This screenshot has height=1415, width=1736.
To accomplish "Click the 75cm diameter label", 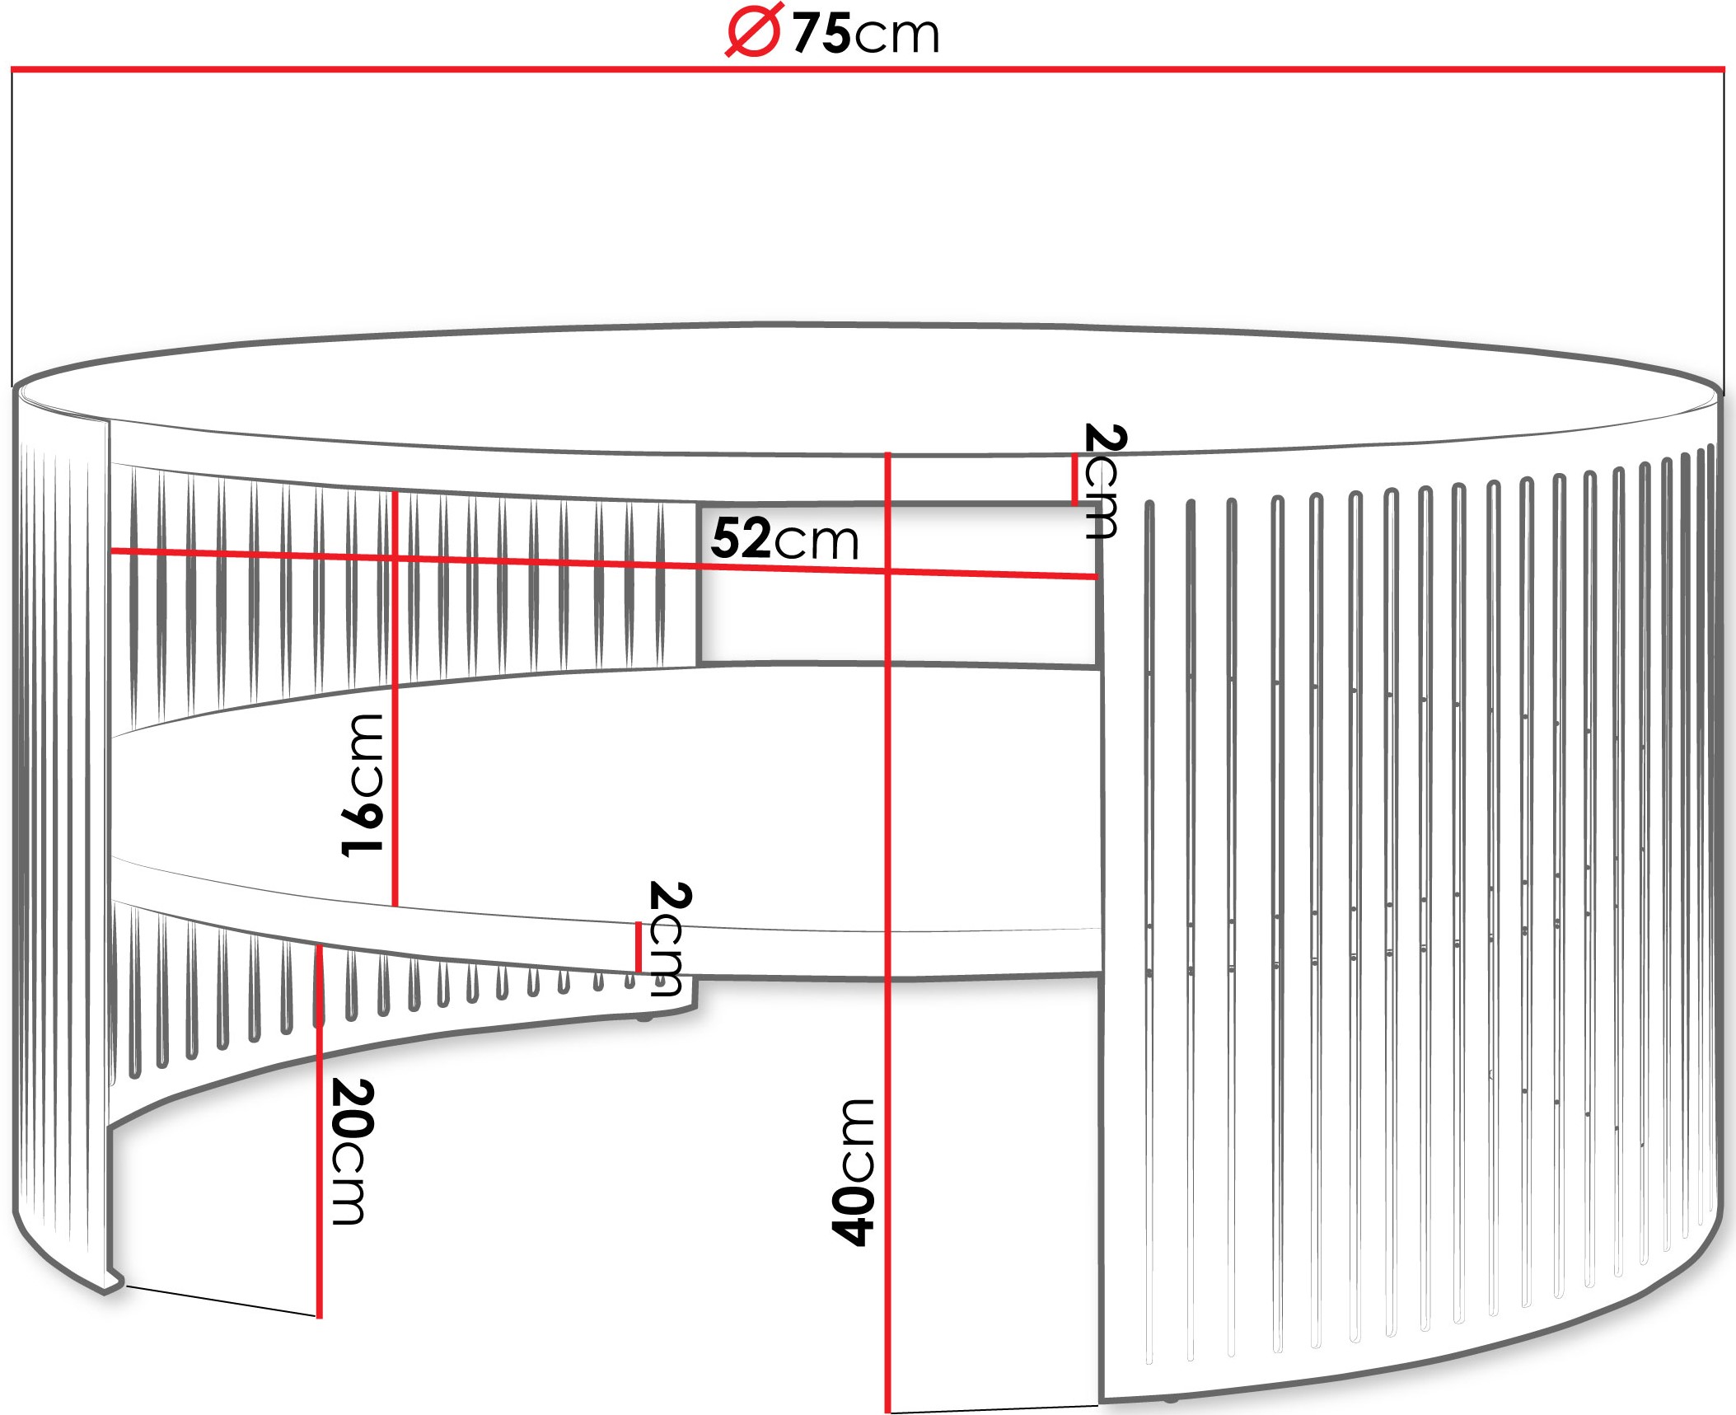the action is coord(832,33).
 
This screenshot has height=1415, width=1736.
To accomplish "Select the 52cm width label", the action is coord(784,539).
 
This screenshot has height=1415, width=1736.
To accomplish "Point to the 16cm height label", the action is coord(363,785).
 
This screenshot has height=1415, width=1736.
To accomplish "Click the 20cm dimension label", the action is coord(353,1152).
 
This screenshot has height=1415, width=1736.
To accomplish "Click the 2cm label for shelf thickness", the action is coord(669,939).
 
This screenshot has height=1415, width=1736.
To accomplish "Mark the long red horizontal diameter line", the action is coord(868,69).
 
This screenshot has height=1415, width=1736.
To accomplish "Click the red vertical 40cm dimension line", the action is coord(887,932).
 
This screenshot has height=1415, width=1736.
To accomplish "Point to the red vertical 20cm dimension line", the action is coord(320,1131).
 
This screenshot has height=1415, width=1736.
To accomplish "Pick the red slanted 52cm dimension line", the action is coord(603,564).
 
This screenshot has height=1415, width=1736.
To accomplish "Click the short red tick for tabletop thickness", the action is coord(1074,480).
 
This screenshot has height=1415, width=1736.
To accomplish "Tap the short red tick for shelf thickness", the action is coord(639,948).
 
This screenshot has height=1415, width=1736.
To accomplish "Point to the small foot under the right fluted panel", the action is coord(1170,1399).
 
